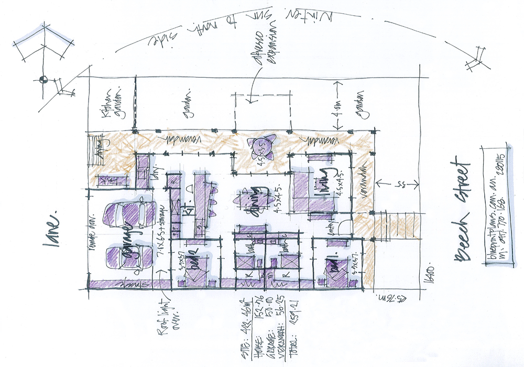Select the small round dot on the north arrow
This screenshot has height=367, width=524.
pyautogui.click(x=43, y=80)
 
